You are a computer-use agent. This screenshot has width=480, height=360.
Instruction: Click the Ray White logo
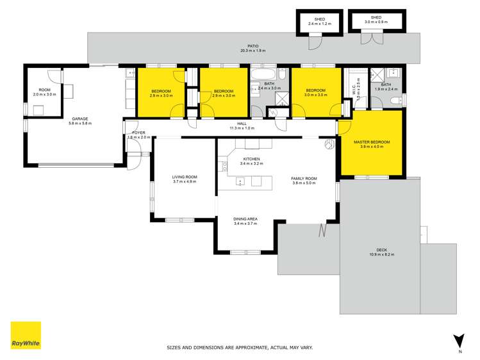coord(26,336)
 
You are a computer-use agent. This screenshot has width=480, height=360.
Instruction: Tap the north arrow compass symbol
coord(458,340)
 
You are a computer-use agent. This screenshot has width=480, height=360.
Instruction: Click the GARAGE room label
coord(80,119)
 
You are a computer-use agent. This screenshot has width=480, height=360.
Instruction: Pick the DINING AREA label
coord(245,218)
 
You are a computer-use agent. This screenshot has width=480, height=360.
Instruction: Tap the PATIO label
coord(254,46)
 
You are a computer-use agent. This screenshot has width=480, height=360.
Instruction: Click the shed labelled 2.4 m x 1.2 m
coord(319,22)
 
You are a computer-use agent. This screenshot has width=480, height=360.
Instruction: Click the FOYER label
coord(139,133)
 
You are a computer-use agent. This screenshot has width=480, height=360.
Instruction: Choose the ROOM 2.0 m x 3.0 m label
coord(44,90)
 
